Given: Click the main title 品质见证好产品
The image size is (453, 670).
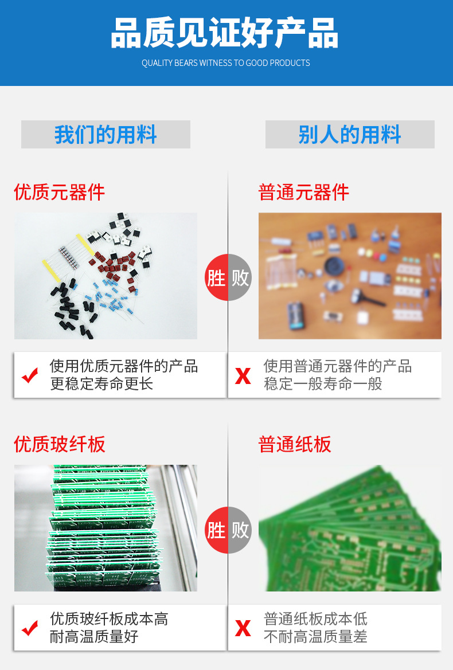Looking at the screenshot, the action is (x=225, y=33).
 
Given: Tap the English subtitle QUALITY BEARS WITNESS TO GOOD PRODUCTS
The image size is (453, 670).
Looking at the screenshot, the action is (x=226, y=63).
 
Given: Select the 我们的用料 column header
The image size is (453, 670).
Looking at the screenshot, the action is (x=106, y=135).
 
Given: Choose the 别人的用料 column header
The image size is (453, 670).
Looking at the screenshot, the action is (x=350, y=135).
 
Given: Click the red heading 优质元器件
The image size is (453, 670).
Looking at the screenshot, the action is (x=60, y=192).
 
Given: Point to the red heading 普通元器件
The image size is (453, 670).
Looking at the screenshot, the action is (x=304, y=192).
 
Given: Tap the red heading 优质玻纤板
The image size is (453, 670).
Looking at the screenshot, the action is (x=60, y=444).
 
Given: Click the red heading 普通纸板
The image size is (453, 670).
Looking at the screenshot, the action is (x=295, y=444).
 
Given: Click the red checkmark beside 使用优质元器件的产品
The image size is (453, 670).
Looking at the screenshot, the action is (x=30, y=375).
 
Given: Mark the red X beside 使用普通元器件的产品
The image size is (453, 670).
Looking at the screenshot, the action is (x=243, y=376).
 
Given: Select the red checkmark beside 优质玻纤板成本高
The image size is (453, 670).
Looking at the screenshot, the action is (x=30, y=628).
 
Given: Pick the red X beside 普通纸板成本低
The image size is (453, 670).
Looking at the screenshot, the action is (x=243, y=629).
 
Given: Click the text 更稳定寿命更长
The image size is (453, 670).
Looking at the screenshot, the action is (x=101, y=383).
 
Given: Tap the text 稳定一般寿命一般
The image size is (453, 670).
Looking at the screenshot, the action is (x=323, y=383).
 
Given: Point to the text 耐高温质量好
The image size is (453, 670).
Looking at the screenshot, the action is (x=94, y=636).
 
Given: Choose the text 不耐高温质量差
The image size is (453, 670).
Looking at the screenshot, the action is (x=315, y=636).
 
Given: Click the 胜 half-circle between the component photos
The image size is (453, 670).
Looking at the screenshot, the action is (x=217, y=277).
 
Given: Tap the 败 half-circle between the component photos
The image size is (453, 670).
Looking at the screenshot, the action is (x=240, y=277).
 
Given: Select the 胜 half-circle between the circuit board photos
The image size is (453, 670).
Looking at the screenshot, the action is (x=217, y=530).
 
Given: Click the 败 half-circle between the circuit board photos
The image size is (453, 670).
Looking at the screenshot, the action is (x=240, y=530).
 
